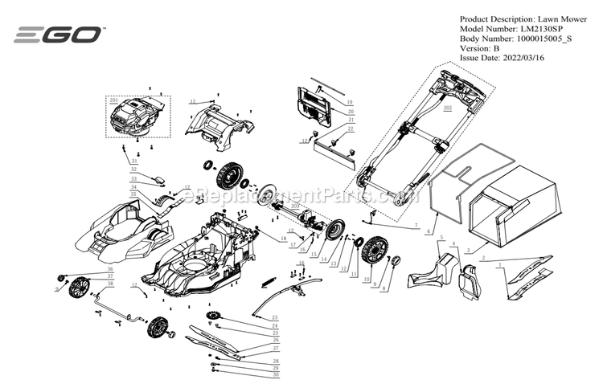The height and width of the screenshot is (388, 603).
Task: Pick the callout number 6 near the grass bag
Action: coord(428,231)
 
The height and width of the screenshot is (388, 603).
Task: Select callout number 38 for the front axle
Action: coord(110,285)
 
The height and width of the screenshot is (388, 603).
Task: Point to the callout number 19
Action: coord(350,103)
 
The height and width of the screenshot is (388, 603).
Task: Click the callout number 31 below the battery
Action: coord(133,161)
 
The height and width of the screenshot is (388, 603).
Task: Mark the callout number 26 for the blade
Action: coord(275,340)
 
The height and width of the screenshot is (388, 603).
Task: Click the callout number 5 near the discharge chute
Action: coord(441,239)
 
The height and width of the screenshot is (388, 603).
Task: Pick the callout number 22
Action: coord(350,129)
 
